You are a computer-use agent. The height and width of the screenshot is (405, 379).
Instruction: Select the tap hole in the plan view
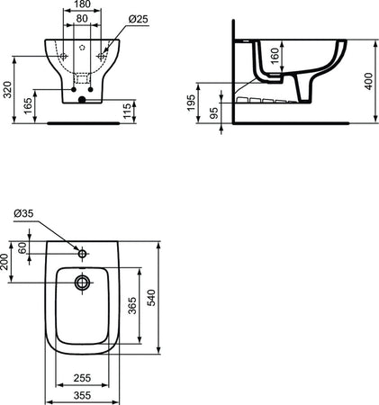(83, 254)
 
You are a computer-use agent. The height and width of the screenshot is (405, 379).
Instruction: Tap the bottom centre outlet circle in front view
(82, 101)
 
